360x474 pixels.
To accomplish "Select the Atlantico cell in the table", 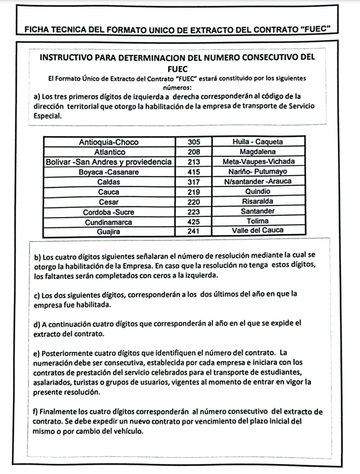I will (109, 151).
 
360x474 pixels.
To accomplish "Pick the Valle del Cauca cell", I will (258, 231).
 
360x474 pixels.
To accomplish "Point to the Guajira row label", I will (109, 231).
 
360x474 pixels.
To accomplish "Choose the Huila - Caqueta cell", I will (258, 142).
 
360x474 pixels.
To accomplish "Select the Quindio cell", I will (258, 191).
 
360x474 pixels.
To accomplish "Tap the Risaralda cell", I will (258, 201).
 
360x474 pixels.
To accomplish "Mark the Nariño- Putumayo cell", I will (258, 172).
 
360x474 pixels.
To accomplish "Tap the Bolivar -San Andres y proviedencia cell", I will (109, 162).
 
